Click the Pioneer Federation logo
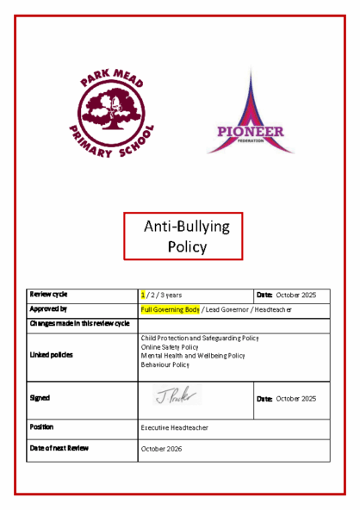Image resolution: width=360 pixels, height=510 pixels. [251, 116]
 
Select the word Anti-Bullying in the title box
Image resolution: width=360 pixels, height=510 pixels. [186, 227]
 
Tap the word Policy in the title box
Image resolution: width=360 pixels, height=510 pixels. [187, 246]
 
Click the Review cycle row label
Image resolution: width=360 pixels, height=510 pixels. [49, 295]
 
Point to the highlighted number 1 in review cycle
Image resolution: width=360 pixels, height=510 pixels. [143, 295]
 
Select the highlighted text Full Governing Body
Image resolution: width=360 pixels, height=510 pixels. [170, 308]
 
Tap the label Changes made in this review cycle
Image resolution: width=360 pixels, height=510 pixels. [79, 323]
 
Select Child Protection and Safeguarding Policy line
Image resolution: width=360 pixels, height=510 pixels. [199, 339]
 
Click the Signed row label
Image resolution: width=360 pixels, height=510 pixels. [40, 398]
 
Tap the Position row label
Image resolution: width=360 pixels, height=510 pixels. [42, 426]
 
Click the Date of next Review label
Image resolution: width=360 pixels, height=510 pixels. [59, 448]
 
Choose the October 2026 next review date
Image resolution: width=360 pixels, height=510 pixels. [162, 449]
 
